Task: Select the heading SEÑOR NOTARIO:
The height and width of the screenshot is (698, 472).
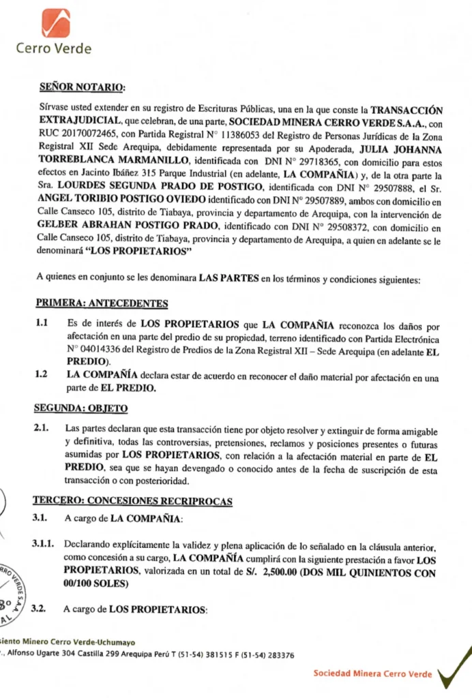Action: click(x=83, y=87)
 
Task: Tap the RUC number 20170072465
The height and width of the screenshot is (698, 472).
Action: click(x=95, y=134)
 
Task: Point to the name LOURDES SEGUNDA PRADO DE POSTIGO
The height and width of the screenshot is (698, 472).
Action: click(x=160, y=186)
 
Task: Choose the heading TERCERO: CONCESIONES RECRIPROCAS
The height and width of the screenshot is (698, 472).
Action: click(x=133, y=502)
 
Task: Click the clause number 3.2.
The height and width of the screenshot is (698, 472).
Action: click(x=40, y=609)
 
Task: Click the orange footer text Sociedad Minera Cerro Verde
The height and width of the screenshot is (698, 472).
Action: click(x=372, y=673)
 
